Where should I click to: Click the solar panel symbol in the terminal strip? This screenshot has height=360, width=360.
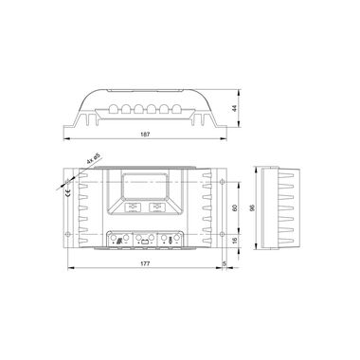pos(117,241)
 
